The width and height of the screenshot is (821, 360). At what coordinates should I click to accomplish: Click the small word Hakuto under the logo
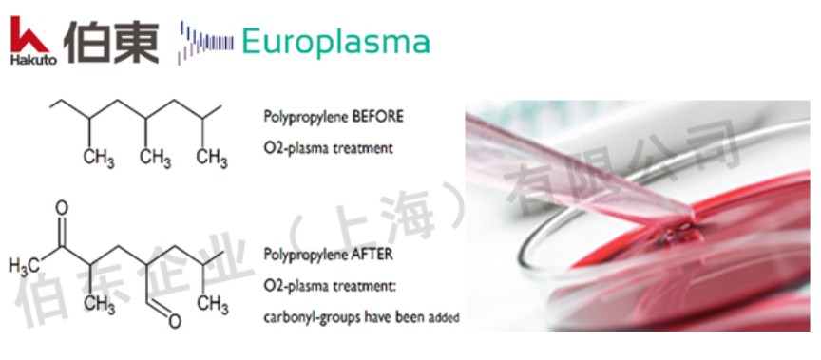(x=33, y=60)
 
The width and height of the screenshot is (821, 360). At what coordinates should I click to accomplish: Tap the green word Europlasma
(x=335, y=42)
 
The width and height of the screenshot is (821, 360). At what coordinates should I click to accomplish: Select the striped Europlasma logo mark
(x=206, y=43)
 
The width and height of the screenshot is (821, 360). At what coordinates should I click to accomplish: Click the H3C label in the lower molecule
(x=24, y=266)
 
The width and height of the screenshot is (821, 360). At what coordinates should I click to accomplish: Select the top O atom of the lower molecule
(x=61, y=208)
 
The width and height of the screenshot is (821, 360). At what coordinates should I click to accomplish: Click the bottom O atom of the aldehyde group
(x=175, y=321)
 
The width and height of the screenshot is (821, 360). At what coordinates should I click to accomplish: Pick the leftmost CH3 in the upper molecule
(x=99, y=158)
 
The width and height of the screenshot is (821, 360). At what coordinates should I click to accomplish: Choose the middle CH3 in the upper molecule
(x=155, y=158)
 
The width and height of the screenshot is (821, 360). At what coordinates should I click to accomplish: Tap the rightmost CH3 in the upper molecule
(x=212, y=158)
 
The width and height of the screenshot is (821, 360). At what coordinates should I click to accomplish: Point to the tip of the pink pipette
(x=692, y=217)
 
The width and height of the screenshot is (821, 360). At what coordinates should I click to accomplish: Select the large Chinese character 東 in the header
(x=136, y=42)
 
